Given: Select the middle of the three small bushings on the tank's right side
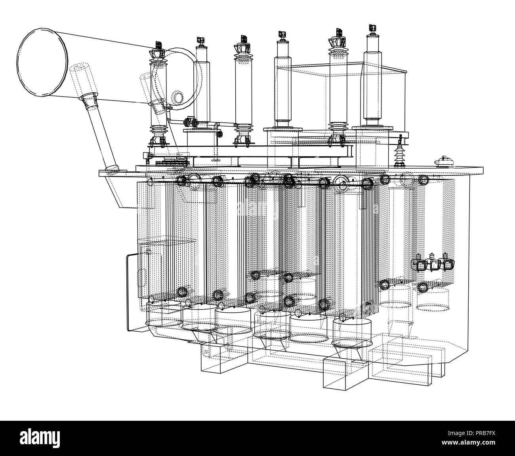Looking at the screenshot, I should pos(435,264).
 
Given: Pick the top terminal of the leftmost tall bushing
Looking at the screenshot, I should pos(158,43).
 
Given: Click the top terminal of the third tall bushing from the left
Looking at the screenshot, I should pos(242,39).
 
